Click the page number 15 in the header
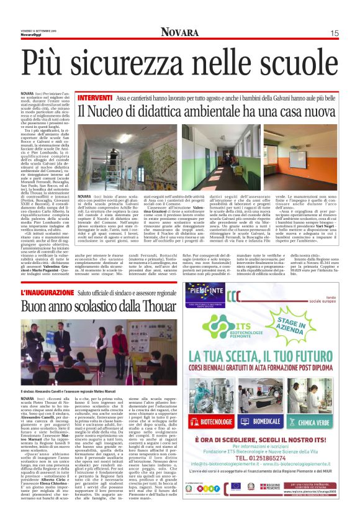[x=335, y=33]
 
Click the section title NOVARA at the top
[x=179, y=32]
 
